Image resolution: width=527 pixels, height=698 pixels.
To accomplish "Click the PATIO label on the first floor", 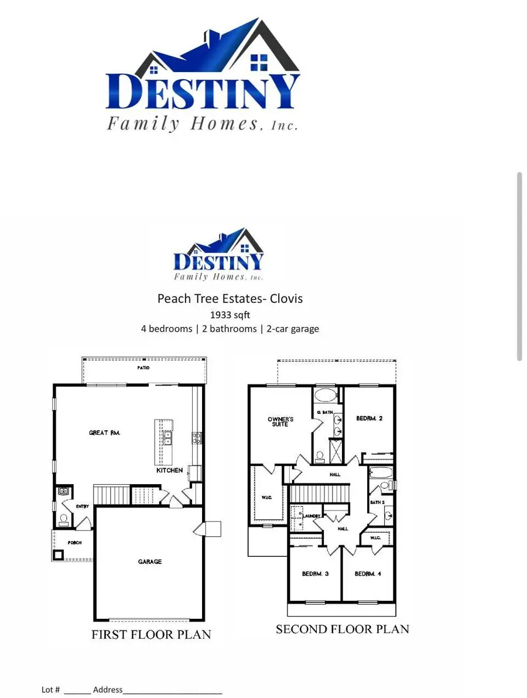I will [143, 368].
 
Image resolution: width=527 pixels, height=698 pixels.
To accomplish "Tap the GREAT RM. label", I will [104, 433].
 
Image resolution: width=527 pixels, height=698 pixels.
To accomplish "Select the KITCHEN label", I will [169, 470].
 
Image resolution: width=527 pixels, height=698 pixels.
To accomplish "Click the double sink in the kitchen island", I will [167, 438].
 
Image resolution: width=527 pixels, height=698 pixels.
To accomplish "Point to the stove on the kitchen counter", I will [197, 437].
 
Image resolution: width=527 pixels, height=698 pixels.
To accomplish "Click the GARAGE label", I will [150, 561].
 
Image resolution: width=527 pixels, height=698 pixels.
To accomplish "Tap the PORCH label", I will [74, 543].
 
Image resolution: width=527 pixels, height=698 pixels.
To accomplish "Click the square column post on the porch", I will [59, 554].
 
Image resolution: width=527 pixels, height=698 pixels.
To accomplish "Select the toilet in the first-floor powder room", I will [63, 519].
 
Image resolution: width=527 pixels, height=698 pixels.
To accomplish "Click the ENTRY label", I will [81, 506].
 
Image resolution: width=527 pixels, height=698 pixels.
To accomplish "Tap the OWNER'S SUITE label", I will [280, 421].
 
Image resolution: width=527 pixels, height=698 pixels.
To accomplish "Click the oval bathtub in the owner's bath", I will [326, 395].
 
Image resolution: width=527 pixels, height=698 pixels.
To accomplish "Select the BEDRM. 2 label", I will [369, 418].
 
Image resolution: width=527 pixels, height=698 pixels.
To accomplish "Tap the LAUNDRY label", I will [312, 515].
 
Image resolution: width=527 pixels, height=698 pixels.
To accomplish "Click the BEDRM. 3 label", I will [315, 574].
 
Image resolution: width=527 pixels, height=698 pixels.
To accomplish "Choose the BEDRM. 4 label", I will [368, 574].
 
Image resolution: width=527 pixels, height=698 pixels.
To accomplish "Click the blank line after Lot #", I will [77, 690].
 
